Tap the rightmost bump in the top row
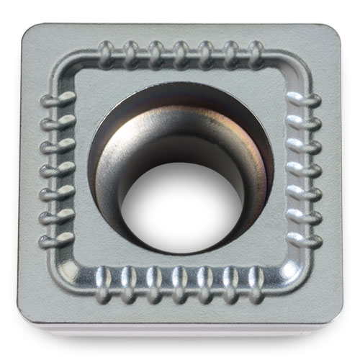256,53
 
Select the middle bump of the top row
181,53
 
